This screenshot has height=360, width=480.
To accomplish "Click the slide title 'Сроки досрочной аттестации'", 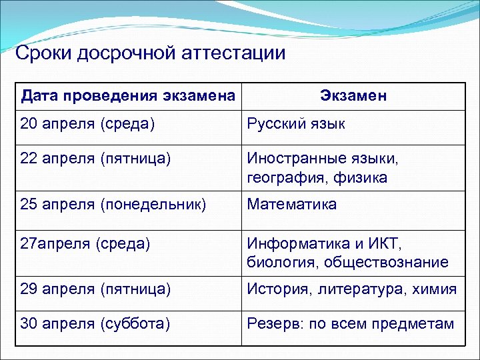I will [x=150, y=53].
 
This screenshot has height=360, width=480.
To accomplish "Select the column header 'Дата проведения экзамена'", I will [x=128, y=96].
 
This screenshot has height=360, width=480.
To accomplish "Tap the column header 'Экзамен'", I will [x=353, y=96].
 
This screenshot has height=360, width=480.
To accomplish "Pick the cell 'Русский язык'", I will [x=296, y=123].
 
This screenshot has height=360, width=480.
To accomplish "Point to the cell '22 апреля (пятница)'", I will [x=95, y=159].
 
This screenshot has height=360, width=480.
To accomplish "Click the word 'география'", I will [x=283, y=177].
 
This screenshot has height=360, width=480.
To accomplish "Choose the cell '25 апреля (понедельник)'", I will [x=113, y=204].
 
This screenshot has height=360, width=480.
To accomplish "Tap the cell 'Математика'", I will [x=292, y=204].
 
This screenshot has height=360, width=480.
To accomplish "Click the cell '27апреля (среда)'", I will [x=85, y=243].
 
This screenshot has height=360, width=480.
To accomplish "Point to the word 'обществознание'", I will [x=387, y=262].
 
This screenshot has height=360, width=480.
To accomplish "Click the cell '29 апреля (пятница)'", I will [x=95, y=289].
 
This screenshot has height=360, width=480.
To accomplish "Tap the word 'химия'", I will [x=435, y=289].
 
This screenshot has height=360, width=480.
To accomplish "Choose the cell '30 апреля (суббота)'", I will [x=95, y=324].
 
